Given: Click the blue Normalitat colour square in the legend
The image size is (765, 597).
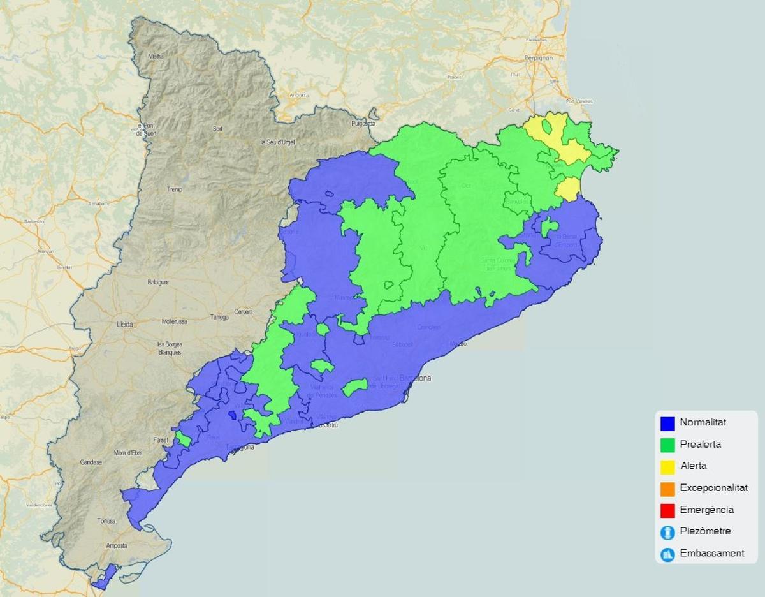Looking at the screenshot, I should (x=667, y=423).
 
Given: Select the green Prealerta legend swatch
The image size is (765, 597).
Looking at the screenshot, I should (x=667, y=445).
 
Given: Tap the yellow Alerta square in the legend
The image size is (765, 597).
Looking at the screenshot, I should (x=667, y=466).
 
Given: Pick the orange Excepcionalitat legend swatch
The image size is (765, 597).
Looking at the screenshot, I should (x=667, y=489).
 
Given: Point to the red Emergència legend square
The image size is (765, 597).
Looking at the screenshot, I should (x=667, y=510).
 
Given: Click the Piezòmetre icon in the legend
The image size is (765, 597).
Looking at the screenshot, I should (x=667, y=532).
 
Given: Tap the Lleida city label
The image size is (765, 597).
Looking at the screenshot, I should (x=125, y=325).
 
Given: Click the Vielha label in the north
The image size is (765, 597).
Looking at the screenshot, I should (x=156, y=56).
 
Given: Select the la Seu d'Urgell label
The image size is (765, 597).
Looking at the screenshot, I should (x=278, y=142).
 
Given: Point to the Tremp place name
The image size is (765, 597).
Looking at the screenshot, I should (x=174, y=189).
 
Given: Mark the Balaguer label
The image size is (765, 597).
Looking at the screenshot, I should (x=158, y=282).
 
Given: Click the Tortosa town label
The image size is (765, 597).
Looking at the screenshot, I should (x=106, y=521).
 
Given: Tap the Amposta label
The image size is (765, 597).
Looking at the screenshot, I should (x=117, y=546).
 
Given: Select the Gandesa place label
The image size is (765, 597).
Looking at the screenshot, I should (x=91, y=462).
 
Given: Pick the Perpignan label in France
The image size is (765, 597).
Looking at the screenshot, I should (x=539, y=57).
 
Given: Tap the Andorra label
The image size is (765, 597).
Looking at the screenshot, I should (x=299, y=95).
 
